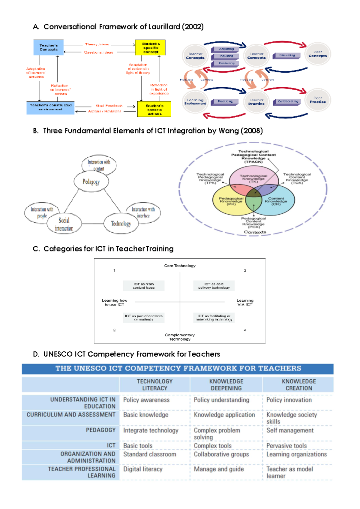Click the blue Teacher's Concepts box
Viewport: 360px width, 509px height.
[x=48, y=47]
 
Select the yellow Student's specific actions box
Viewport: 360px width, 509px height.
[x=154, y=109]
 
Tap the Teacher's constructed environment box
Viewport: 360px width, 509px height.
[x=50, y=107]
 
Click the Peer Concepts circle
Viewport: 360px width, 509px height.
[x=318, y=54]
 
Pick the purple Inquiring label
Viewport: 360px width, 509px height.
[x=226, y=56]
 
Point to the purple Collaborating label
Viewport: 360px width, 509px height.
[x=287, y=101]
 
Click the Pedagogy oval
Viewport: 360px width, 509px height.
[x=91, y=182]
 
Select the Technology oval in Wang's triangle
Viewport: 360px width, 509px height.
[x=121, y=224]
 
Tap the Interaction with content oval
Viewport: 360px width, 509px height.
[x=99, y=165]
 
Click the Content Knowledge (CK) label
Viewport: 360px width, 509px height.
[x=276, y=201]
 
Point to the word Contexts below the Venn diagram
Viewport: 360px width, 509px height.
[x=255, y=232]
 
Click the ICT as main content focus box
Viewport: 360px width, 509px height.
[x=144, y=286]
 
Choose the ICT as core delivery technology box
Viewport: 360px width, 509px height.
[x=214, y=286]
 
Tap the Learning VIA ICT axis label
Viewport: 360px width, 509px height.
[x=245, y=302]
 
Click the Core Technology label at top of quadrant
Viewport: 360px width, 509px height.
[x=180, y=266]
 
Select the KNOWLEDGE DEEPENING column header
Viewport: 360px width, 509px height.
[x=226, y=385]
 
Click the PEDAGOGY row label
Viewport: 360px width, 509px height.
[x=100, y=430]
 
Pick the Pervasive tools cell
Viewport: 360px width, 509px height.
[x=286, y=446]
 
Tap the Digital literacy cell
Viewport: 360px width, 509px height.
[x=143, y=469]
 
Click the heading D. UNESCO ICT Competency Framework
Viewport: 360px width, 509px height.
[x=126, y=354]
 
